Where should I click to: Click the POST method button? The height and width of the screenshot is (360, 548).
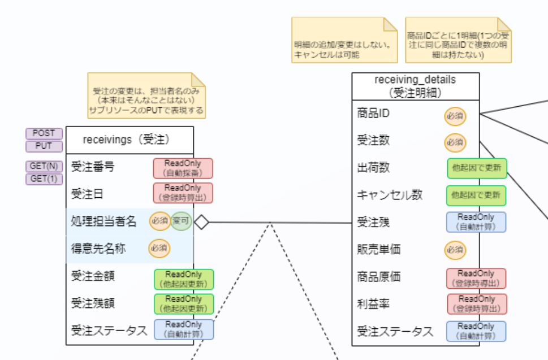(44, 133)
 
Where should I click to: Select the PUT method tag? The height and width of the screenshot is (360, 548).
(44, 146)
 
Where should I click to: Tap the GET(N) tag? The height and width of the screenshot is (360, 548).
(44, 166)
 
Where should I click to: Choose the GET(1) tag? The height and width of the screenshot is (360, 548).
(44, 179)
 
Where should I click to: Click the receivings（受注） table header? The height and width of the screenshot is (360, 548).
(130, 139)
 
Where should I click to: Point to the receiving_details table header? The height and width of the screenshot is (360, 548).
(415, 86)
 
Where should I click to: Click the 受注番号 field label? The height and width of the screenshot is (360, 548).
(93, 167)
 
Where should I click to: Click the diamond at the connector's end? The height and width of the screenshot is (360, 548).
(201, 222)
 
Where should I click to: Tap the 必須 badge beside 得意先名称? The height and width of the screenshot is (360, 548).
(159, 248)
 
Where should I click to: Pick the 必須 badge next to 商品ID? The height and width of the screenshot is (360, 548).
(455, 116)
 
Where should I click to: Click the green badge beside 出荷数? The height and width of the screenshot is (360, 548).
(476, 168)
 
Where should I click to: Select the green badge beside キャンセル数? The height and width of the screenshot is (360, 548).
(476, 196)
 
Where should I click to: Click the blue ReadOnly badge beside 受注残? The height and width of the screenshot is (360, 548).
(476, 222)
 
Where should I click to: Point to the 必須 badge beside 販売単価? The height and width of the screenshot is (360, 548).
(455, 249)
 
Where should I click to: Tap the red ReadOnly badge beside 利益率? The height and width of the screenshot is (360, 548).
(477, 304)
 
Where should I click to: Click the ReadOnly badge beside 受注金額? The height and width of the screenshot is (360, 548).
(184, 279)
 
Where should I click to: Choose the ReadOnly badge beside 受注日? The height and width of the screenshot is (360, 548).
(183, 193)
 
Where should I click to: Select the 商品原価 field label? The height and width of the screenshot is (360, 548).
(379, 277)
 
